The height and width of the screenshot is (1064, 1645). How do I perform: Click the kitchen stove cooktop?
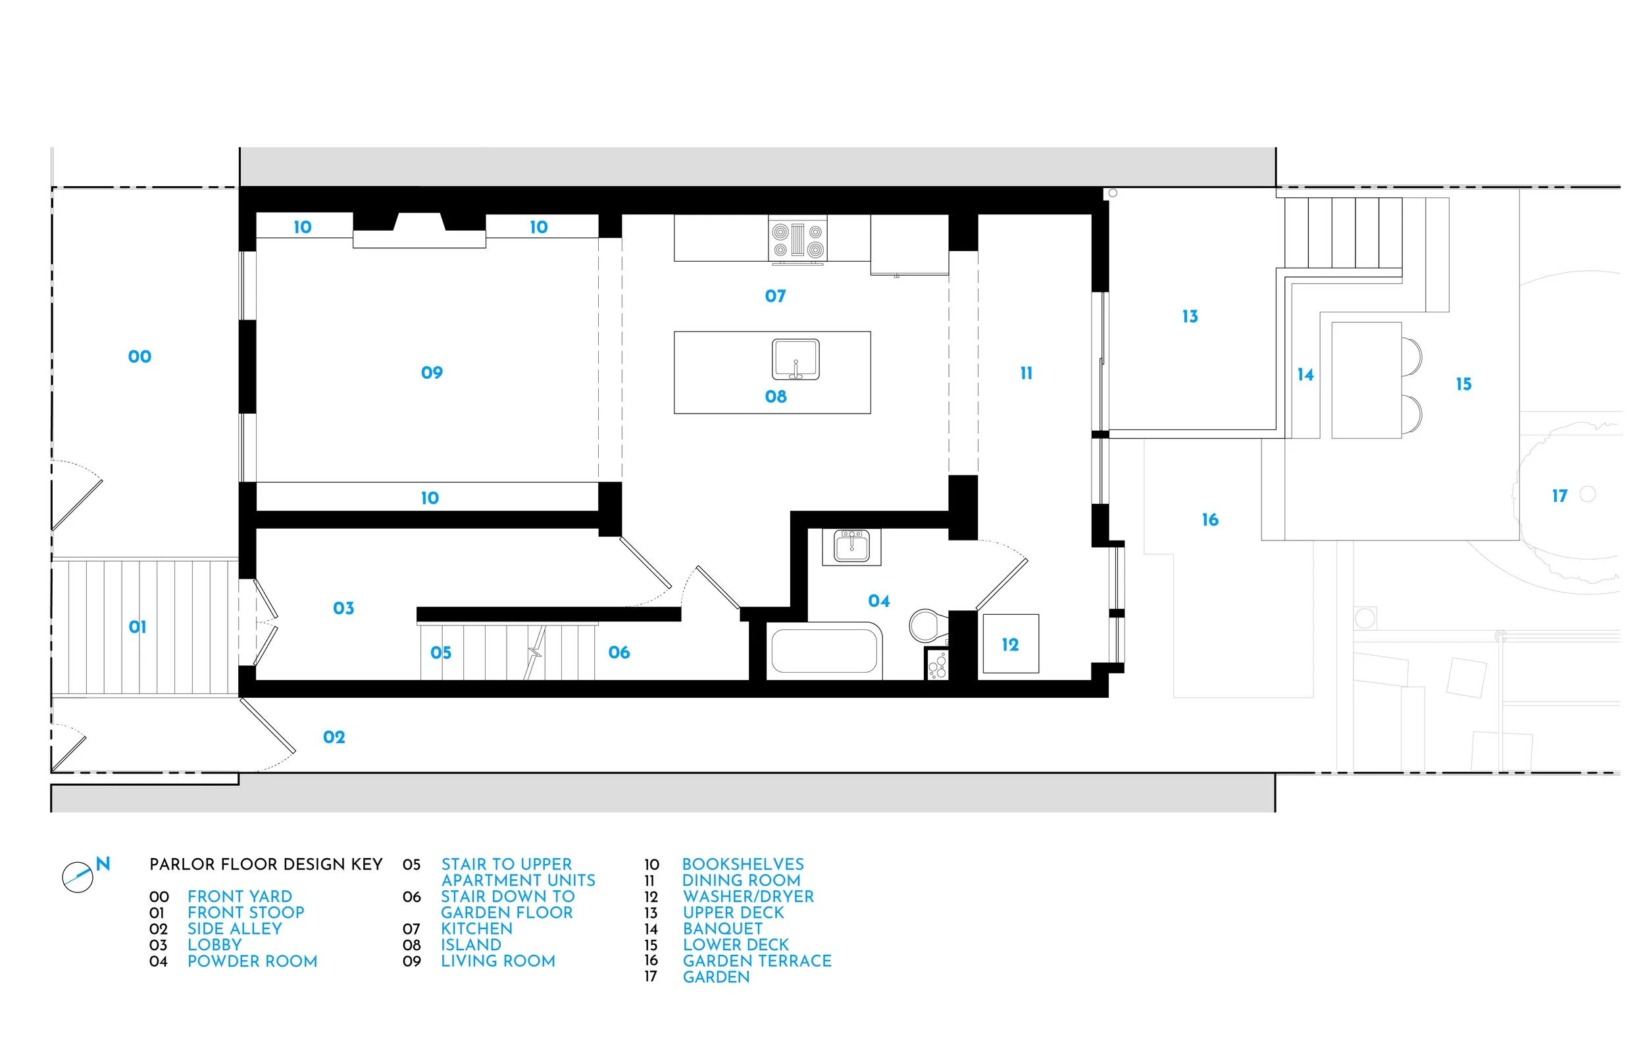[x=797, y=240]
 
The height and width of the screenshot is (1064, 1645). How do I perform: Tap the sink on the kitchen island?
[x=796, y=359]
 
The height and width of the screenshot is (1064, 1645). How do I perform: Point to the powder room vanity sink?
[x=851, y=547]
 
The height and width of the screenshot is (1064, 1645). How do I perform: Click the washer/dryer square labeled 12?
[x=1011, y=644]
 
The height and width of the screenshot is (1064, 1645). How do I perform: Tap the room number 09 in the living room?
[x=432, y=373]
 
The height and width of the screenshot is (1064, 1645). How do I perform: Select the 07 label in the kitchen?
[x=776, y=297]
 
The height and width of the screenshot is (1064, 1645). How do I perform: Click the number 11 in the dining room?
[x=1026, y=373]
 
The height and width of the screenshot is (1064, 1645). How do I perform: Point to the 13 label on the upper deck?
[x=1190, y=316]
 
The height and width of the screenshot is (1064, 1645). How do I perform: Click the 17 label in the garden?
[x=1559, y=496]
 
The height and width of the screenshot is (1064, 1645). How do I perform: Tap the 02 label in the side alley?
[x=334, y=737]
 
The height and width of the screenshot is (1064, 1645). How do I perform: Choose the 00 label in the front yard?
[x=139, y=356]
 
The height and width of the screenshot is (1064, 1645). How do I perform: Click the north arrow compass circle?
[x=78, y=877]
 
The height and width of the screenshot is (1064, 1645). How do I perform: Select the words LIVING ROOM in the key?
[x=497, y=961]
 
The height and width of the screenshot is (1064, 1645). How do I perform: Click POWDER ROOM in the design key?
[x=252, y=961]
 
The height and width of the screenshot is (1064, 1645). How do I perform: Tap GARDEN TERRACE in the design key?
[x=757, y=961]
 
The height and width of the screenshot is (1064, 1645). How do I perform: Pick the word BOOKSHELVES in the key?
[x=743, y=864]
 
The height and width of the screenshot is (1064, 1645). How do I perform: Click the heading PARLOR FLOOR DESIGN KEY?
[x=266, y=864]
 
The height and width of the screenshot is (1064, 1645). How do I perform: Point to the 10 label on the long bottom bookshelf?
[x=430, y=498]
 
